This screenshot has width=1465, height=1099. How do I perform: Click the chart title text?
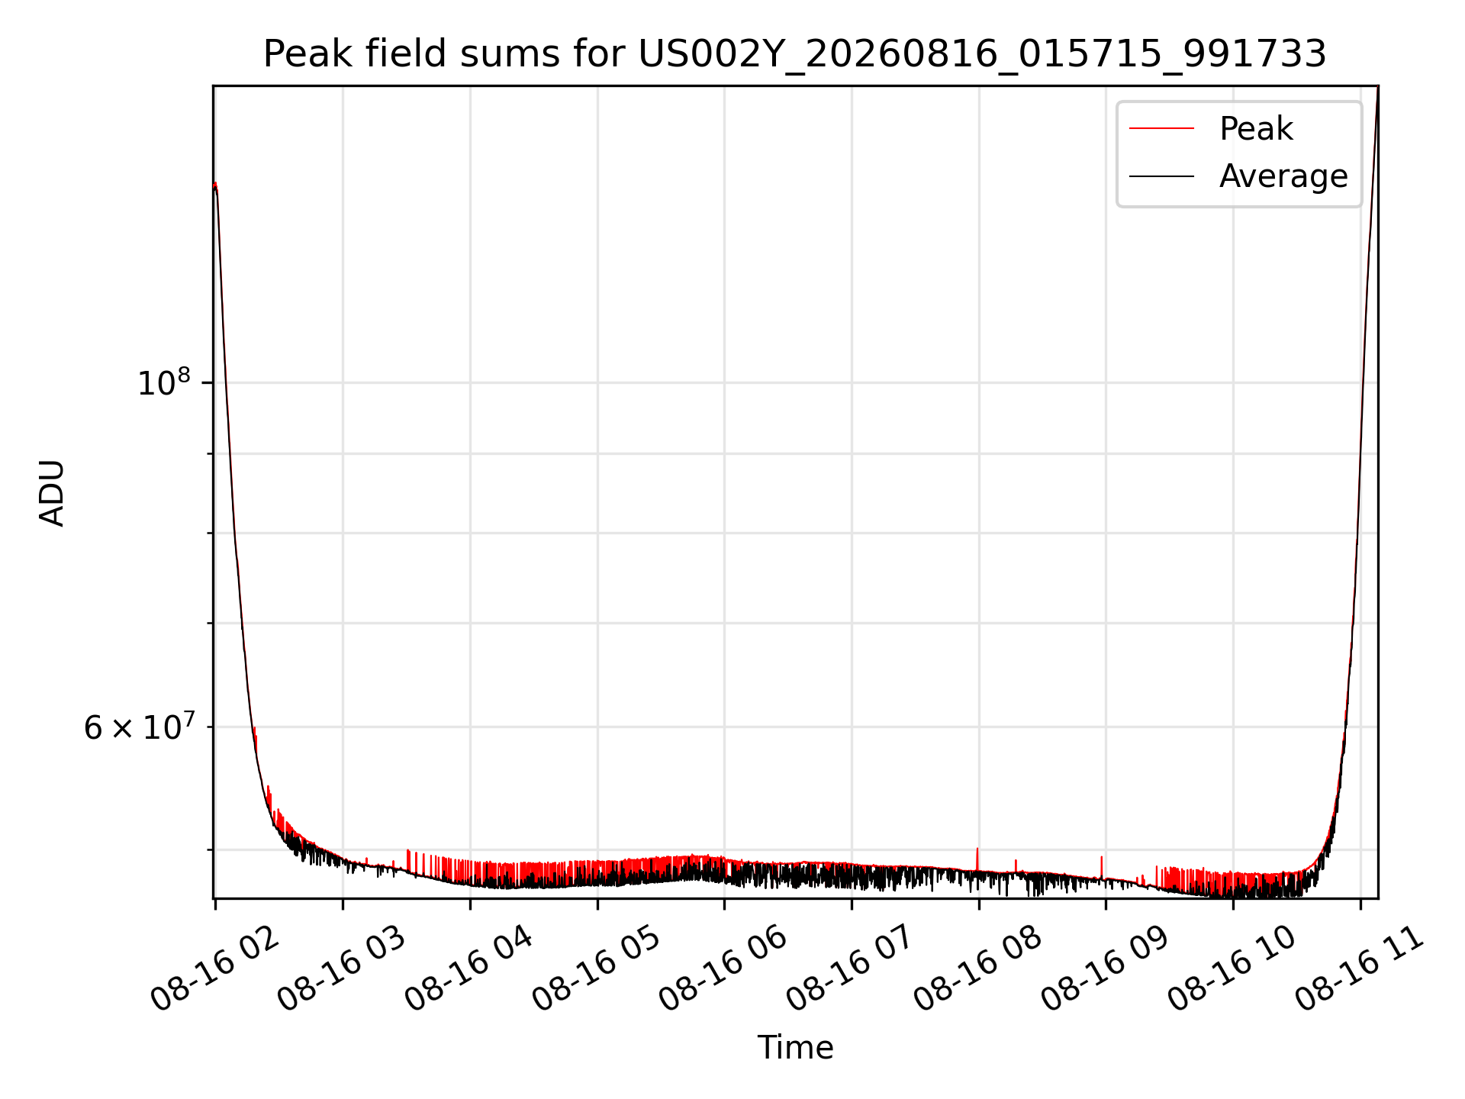coord(795,55)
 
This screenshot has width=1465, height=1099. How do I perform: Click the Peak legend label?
coord(1256,129)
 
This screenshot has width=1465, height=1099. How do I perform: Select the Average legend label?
coord(1283,176)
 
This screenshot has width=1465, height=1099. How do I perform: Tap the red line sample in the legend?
coord(1161,129)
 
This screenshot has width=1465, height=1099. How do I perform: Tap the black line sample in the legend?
coord(1161,176)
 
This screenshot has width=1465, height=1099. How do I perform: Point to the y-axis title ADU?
coord(52,493)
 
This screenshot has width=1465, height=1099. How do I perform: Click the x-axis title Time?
coord(795,1047)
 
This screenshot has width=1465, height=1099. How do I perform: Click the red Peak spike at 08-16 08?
coord(977,859)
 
